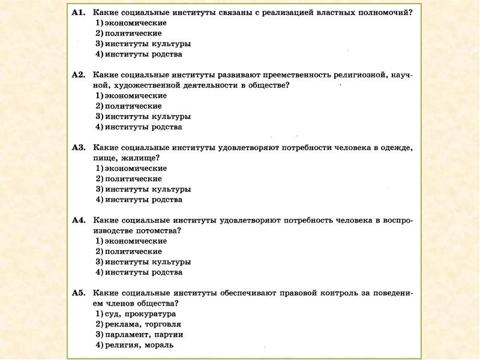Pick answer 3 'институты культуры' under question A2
point(148,116)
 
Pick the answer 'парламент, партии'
point(144,334)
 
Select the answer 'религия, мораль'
point(139,345)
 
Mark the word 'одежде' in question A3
point(398,147)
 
